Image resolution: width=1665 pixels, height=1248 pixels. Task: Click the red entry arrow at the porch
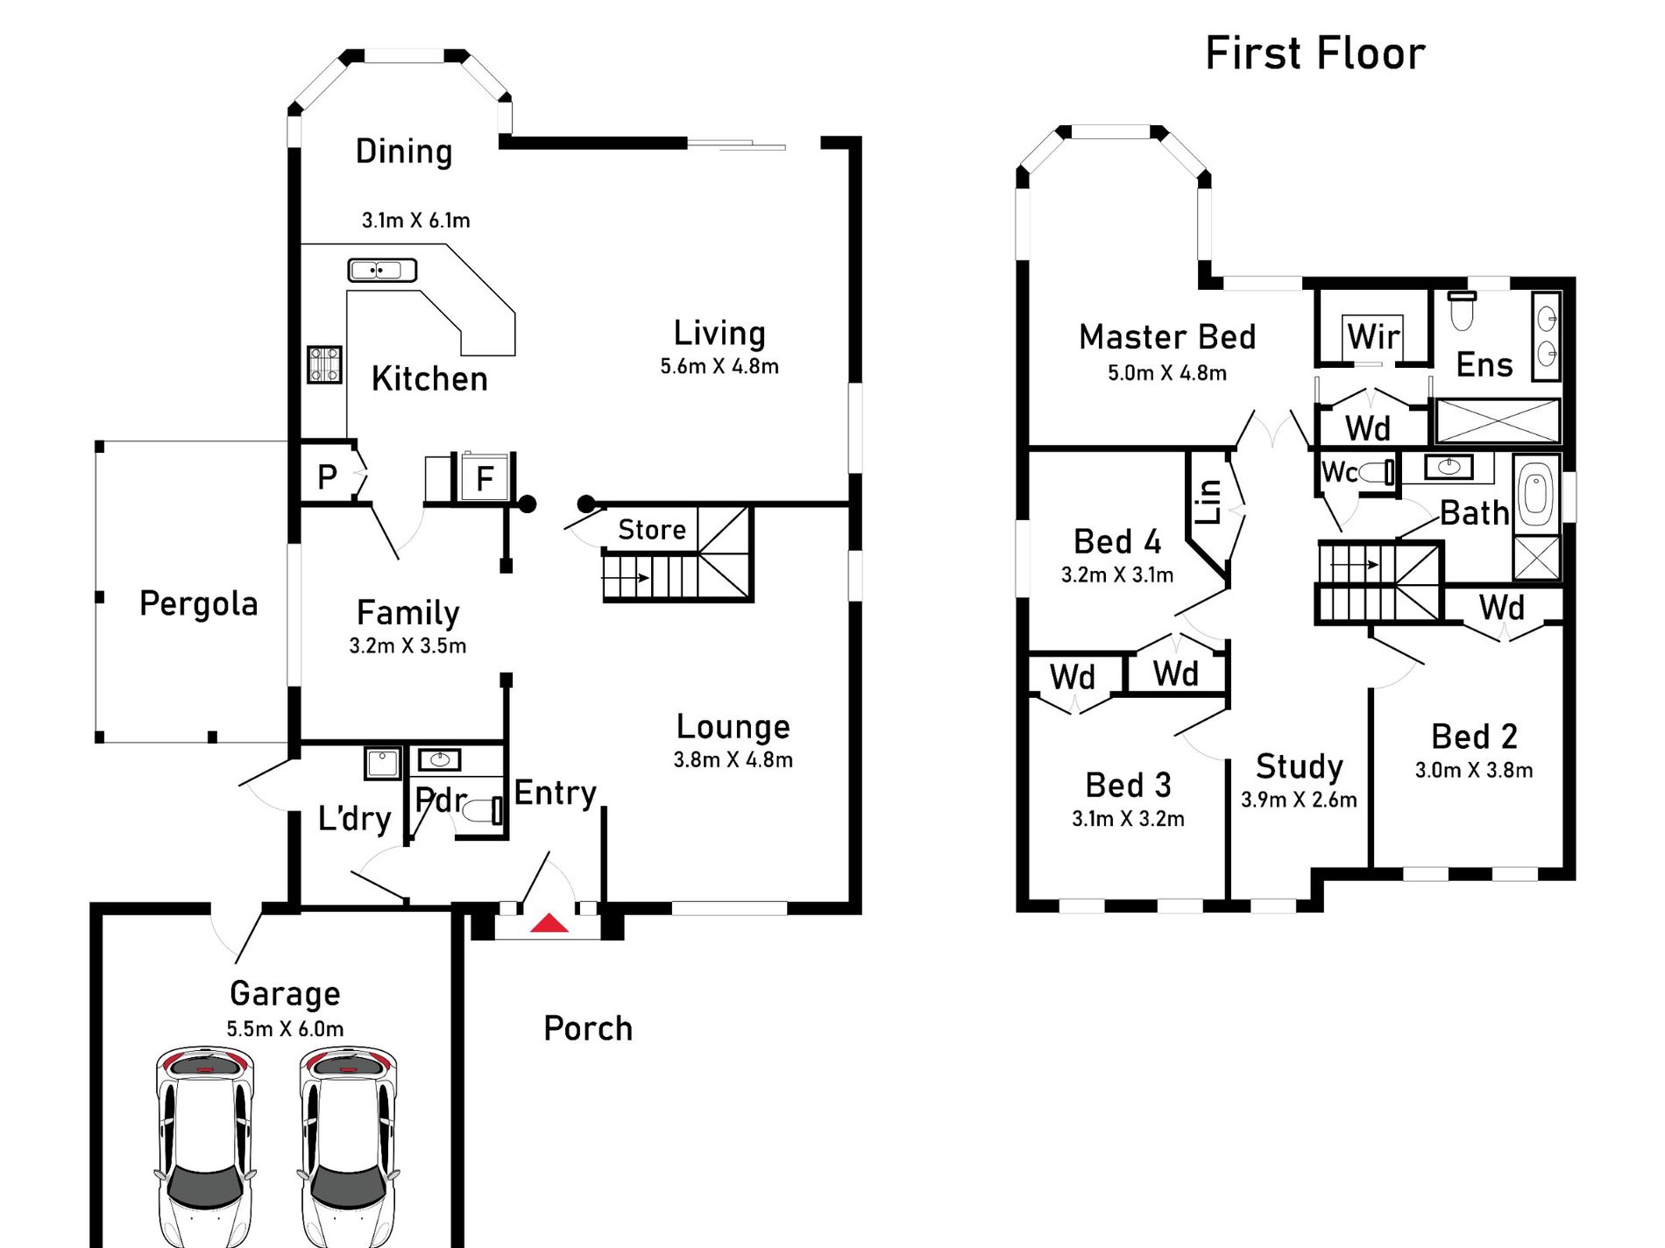[549, 923]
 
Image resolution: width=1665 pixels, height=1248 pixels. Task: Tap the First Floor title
[1314, 54]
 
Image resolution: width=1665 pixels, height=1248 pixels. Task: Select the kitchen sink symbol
[382, 270]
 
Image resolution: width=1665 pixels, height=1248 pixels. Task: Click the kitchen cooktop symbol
[324, 364]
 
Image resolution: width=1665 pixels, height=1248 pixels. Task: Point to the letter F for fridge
[485, 479]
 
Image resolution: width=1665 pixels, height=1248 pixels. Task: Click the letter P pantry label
[327, 477]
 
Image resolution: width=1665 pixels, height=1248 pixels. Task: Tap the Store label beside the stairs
[651, 530]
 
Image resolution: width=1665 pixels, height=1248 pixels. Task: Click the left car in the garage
[204, 1147]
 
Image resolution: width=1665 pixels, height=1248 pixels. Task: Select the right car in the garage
[348, 1147]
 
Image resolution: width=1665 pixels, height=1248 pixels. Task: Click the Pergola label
[199, 604]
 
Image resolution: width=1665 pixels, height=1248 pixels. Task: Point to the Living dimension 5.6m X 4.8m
[719, 367]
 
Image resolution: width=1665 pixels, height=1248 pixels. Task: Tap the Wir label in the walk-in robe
[1373, 337]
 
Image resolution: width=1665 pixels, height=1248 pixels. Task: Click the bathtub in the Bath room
[1536, 494]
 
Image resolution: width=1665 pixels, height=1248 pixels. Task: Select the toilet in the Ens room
[1461, 312]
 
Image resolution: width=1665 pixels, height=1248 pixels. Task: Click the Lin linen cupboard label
[1208, 502]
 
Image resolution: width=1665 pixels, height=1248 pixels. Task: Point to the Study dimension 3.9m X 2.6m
[1299, 800]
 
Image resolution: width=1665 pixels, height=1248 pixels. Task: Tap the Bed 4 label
[1117, 542]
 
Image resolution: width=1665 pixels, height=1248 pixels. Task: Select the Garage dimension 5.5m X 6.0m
[285, 1029]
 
